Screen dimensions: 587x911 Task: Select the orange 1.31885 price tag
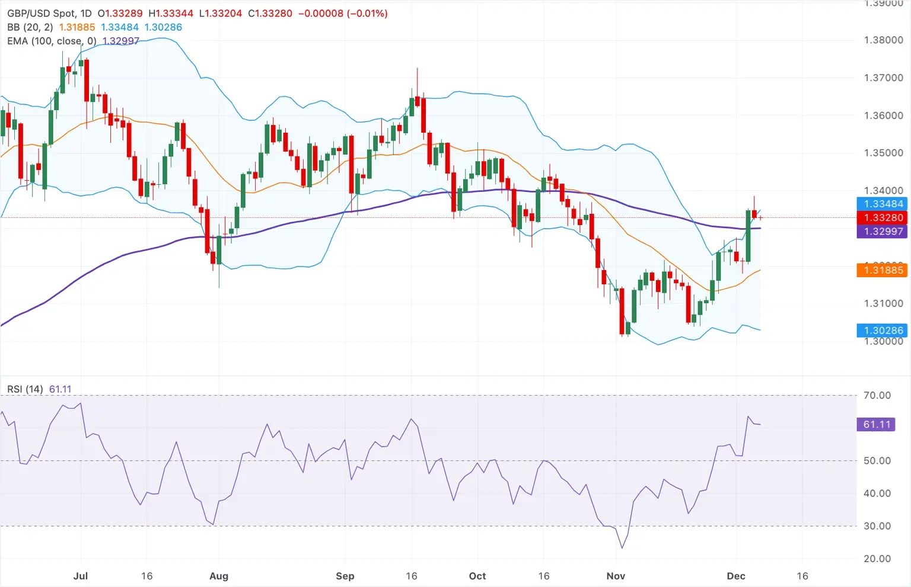point(883,270)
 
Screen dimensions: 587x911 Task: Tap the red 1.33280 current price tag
point(883,218)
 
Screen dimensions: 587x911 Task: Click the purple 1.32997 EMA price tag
point(883,232)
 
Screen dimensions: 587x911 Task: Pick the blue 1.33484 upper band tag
point(883,204)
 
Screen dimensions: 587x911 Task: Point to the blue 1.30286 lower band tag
point(883,331)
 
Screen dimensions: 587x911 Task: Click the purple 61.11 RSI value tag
point(877,424)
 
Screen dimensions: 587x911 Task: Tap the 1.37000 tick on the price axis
point(883,78)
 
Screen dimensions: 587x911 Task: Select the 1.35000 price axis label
point(883,153)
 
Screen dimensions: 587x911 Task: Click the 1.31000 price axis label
point(883,303)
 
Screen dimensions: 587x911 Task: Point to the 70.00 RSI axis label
point(877,395)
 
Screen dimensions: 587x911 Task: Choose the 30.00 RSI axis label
point(877,526)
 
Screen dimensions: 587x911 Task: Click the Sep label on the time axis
point(345,576)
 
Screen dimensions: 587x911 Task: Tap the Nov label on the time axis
point(616,576)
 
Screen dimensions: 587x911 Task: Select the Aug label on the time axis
point(219,576)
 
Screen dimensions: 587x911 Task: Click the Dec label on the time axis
point(736,576)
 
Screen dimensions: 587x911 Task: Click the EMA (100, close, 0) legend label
point(52,41)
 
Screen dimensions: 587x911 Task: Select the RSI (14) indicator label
point(25,389)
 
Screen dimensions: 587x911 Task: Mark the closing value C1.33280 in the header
point(270,13)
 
